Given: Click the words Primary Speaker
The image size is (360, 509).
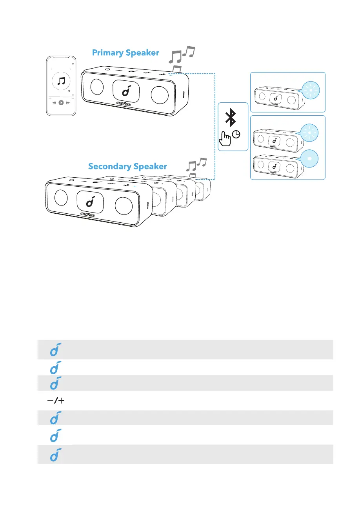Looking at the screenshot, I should [x=125, y=53].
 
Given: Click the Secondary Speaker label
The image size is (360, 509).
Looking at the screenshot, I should [x=127, y=166].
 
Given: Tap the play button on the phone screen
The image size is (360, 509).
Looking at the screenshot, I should [x=61, y=103].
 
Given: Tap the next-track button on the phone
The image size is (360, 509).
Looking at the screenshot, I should [x=68, y=103].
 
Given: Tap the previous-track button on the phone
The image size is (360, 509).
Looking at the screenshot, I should [x=54, y=103].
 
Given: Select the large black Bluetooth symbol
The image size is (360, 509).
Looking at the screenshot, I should [x=233, y=117].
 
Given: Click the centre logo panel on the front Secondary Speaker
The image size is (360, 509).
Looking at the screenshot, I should [x=90, y=203].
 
